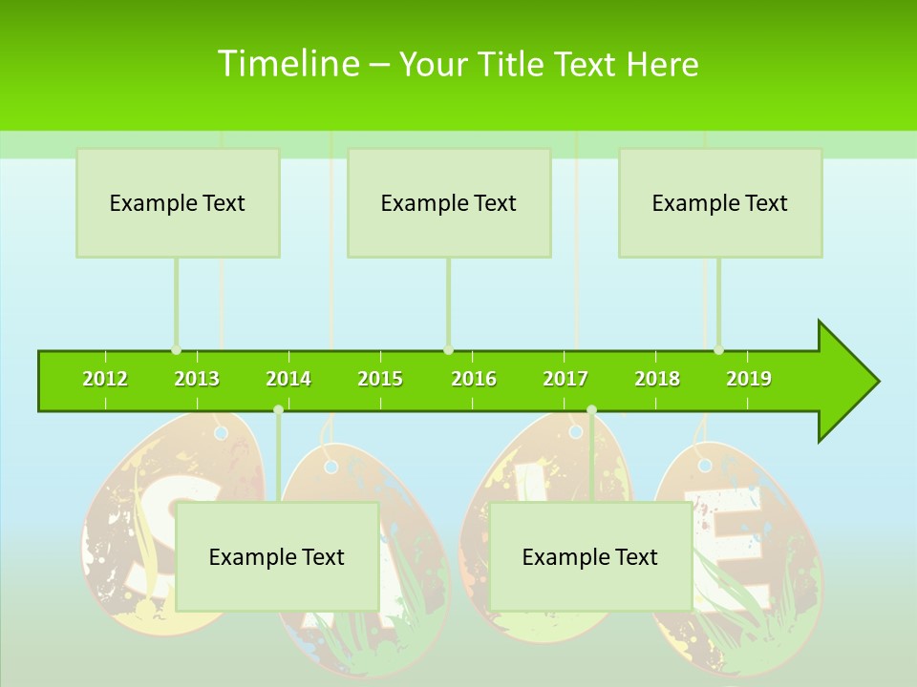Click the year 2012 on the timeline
[105, 379]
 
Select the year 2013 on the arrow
[197, 379]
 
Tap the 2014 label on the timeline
[288, 379]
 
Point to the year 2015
[380, 379]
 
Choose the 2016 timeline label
[474, 379]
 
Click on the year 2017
[565, 379]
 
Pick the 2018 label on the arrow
[657, 379]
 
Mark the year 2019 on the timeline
[749, 379]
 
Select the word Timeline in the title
[288, 64]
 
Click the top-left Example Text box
[178, 203]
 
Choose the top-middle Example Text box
[449, 203]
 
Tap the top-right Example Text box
[720, 203]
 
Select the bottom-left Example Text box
[277, 557]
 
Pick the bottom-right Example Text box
[590, 557]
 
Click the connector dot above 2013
[176, 350]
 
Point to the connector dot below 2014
[278, 409]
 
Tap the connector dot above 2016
[448, 350]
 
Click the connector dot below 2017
[591, 409]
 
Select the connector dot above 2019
[718, 350]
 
